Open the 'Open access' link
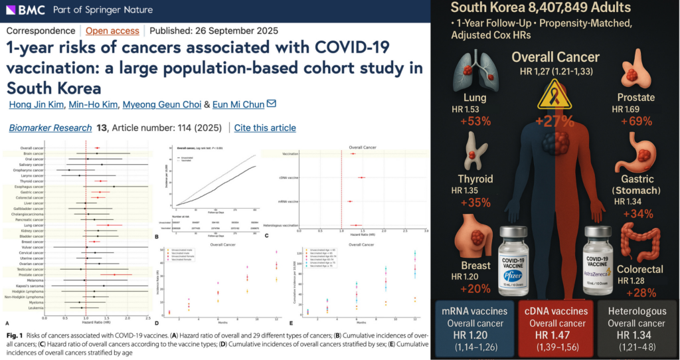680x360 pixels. (x=112, y=31)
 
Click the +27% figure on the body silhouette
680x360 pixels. (x=555, y=122)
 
